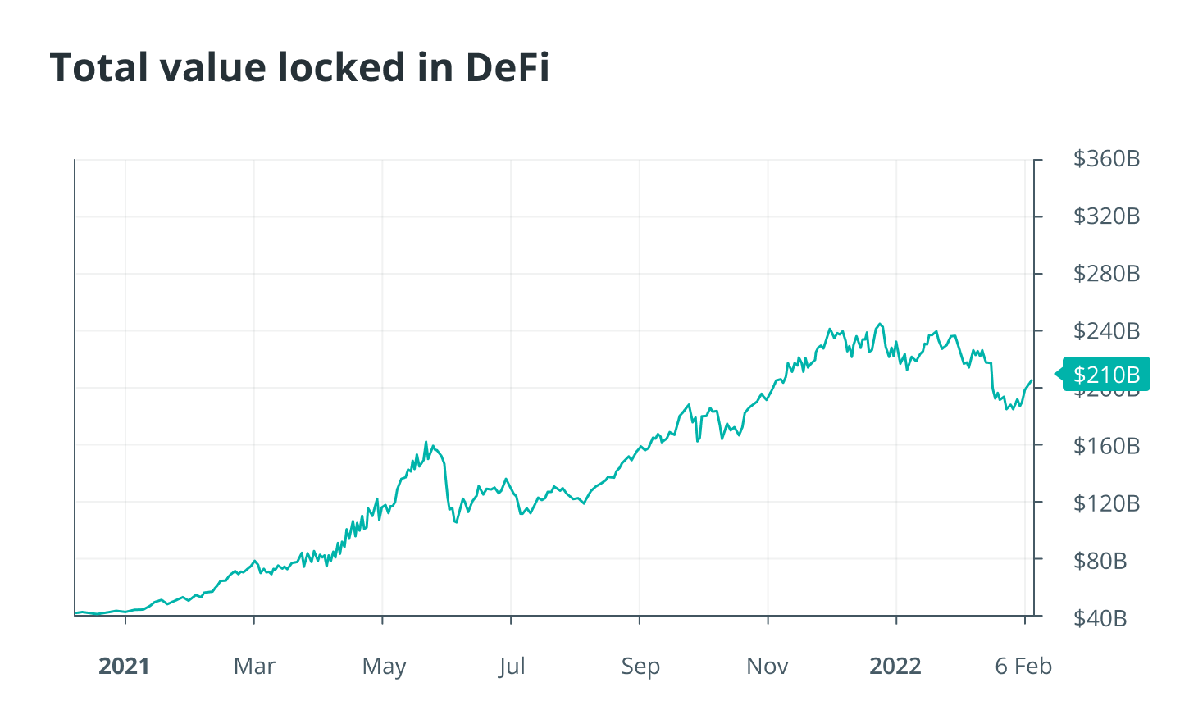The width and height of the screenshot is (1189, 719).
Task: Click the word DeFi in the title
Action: coord(508,68)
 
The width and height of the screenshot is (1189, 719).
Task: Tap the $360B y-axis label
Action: coord(1106,159)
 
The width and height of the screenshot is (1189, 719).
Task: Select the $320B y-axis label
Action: coord(1106,216)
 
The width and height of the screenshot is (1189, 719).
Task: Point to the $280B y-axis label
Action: coord(1106,274)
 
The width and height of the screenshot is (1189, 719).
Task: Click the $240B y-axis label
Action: coord(1106,331)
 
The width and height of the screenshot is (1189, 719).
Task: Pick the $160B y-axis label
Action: coord(1106,446)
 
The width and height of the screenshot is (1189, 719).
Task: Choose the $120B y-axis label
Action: coord(1106,503)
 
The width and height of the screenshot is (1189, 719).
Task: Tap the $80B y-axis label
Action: coord(1100,561)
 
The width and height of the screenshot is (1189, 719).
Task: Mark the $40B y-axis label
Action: coord(1100,618)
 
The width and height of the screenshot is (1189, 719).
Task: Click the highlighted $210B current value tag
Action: coord(1106,375)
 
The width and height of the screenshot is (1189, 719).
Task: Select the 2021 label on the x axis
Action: coord(125,666)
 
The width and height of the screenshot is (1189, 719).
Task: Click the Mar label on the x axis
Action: coord(254,666)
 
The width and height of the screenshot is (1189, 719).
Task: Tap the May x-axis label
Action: coord(384,666)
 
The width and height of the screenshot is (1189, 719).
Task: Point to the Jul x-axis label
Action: coord(512,666)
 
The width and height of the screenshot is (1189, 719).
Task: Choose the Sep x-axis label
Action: coord(640,666)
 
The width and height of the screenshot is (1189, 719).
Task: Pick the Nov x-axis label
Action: coord(768,666)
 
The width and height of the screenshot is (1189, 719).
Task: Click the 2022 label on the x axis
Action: coord(895,666)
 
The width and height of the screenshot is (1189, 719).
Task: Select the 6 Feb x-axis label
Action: coord(1023,666)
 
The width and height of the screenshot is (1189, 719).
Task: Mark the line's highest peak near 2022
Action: coord(880,324)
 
